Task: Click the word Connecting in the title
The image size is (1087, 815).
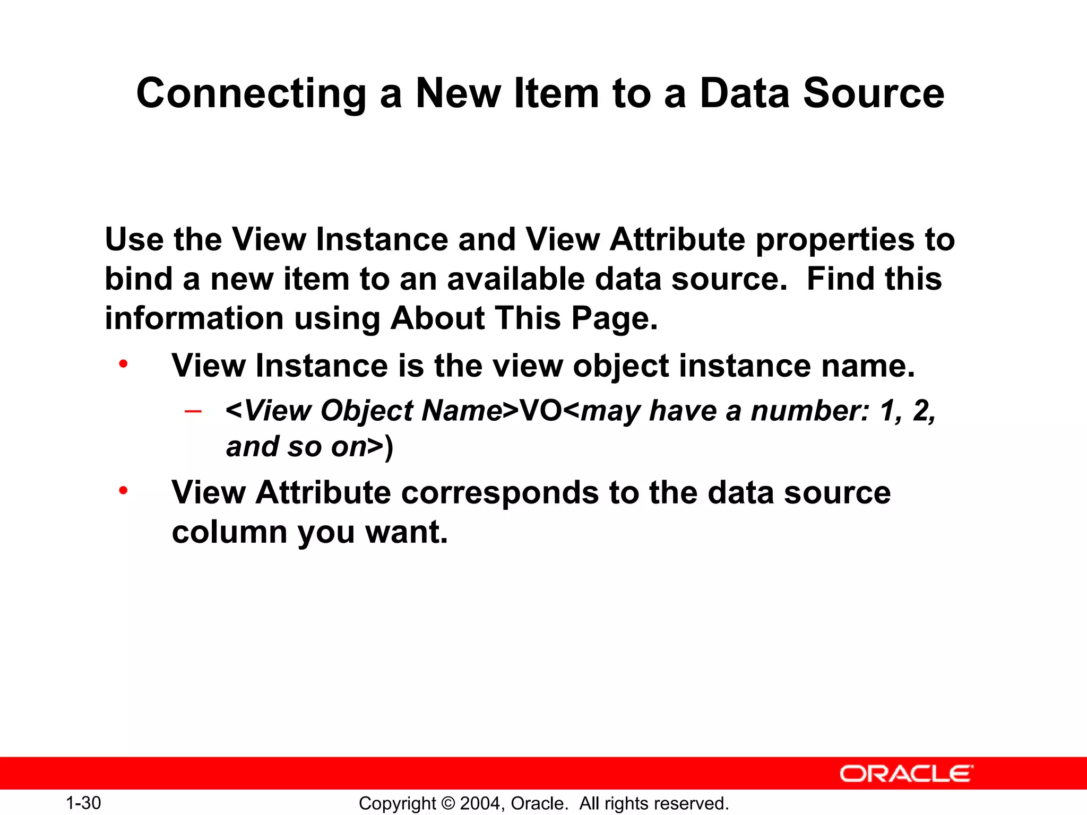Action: coord(251,94)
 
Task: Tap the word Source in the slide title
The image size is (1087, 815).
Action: coord(874,94)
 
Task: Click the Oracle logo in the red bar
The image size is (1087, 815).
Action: coord(906,774)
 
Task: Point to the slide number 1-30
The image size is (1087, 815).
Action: coord(83,803)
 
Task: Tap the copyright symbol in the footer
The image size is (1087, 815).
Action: coord(448,803)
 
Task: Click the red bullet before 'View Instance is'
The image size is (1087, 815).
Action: coord(123,365)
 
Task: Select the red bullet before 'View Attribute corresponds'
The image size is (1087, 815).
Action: coord(123,491)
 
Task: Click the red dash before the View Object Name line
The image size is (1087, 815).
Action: coord(193,411)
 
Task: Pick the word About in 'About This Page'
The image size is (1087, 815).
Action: coord(438,318)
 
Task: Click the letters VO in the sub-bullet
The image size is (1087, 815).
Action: coord(540,411)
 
